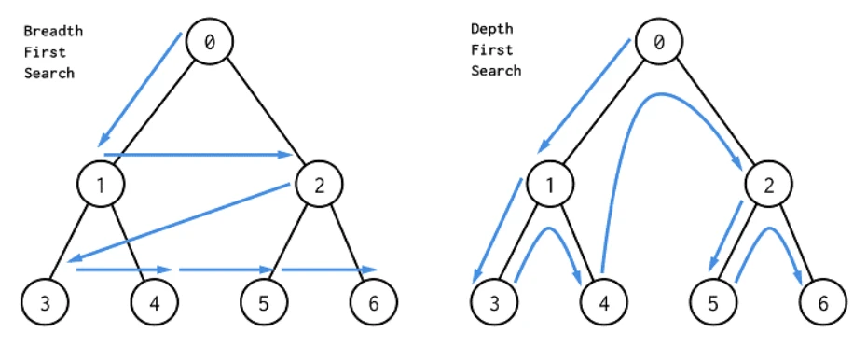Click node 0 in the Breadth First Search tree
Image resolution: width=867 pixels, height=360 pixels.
pos(209,41)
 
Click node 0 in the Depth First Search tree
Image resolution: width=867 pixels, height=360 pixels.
pos(659,41)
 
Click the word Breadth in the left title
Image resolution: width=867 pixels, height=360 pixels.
pos(53,31)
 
